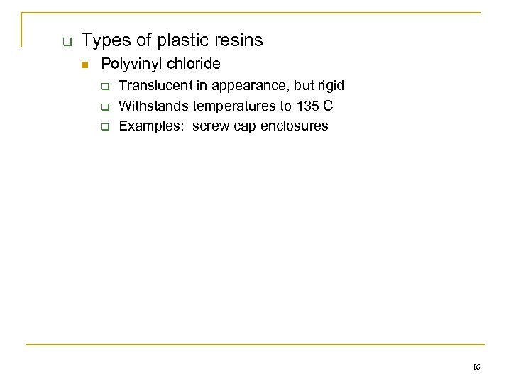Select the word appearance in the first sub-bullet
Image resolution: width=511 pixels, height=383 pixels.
[x=231, y=86]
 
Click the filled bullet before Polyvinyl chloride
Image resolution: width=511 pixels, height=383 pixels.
[x=84, y=65]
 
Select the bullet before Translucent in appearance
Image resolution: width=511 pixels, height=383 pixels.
[x=104, y=87]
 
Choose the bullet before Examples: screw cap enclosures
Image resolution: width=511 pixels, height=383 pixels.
[x=104, y=128]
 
